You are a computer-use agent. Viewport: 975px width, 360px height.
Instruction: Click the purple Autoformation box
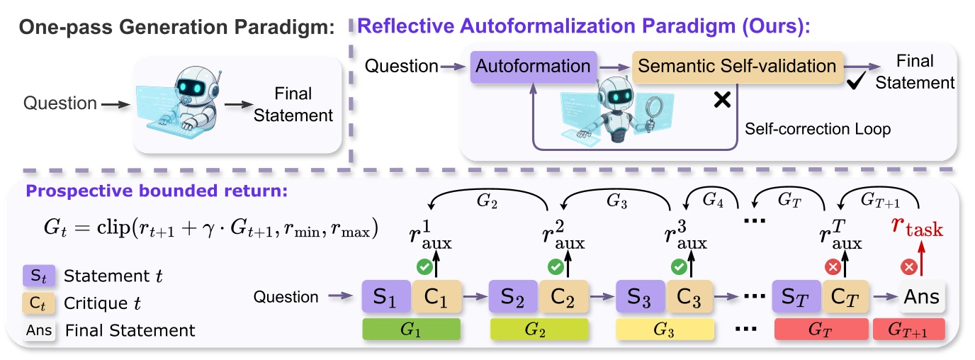[x=533, y=67]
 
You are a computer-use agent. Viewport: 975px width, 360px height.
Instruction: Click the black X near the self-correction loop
[x=721, y=100]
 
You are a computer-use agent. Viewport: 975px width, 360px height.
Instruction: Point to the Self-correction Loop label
[x=818, y=130]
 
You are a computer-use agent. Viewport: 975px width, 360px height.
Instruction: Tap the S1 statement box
[x=386, y=296]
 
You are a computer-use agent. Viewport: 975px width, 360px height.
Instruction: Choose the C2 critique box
[x=563, y=296]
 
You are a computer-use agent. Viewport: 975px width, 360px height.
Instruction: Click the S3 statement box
[x=641, y=296]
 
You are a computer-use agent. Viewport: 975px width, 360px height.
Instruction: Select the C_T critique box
[x=846, y=296]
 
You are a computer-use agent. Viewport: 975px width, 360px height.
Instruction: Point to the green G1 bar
[x=412, y=329]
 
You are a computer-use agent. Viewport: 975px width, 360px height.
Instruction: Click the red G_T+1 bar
[x=909, y=329]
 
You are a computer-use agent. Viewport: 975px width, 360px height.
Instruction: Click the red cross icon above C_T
[x=833, y=267]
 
